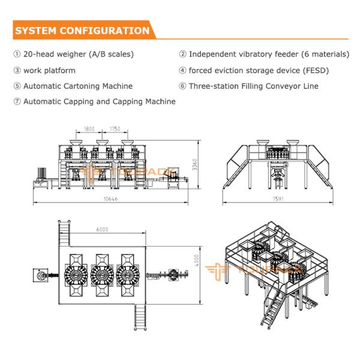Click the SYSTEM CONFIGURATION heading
(x=82, y=30)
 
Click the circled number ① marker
(x=17, y=54)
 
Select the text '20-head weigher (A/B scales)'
(x=79, y=54)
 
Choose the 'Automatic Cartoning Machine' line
(x=78, y=86)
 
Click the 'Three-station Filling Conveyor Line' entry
(x=253, y=86)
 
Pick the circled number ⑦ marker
(x=17, y=101)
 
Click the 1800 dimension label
(x=89, y=129)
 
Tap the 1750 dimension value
(x=116, y=129)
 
